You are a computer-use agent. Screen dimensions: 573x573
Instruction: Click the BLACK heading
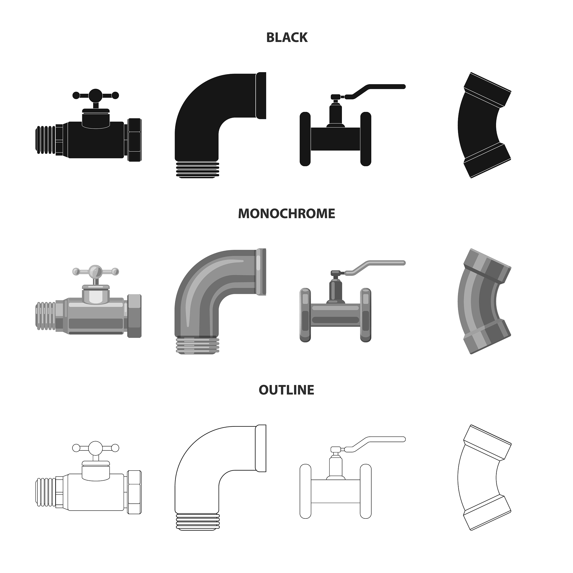[287, 38]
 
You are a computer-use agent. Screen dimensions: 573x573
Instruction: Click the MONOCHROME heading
[286, 213]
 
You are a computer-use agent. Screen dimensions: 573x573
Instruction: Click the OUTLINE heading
[286, 390]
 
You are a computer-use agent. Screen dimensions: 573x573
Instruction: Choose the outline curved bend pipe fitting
[463, 478]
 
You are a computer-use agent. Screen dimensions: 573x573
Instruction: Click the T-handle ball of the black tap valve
[95, 95]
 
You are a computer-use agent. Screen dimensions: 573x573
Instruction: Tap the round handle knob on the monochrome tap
[95, 271]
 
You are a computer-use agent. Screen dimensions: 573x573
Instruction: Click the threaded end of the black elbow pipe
[198, 170]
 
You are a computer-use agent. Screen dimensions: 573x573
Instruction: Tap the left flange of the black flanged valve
[305, 139]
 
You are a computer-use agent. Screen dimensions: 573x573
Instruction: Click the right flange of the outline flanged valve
[366, 491]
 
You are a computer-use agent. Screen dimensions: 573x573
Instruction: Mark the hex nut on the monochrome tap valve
[134, 316]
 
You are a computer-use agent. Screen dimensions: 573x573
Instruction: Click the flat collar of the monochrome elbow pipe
[261, 272]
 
